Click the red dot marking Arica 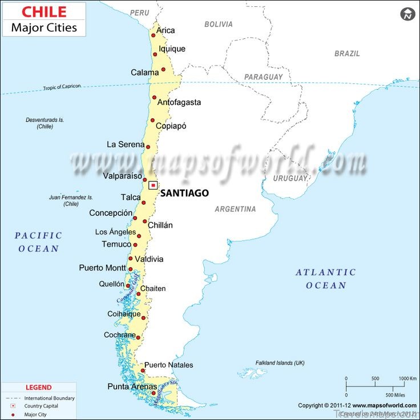point(154,35)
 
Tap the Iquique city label point(172,49)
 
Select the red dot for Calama point(163,70)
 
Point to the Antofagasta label point(179,102)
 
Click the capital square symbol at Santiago point(153,185)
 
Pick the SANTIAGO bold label point(184,193)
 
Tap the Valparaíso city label point(123,176)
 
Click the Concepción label point(111,213)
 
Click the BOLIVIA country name point(219,25)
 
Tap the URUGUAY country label point(290,179)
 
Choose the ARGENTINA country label point(235,209)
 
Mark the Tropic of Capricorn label point(62,87)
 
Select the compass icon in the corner point(407,13)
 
